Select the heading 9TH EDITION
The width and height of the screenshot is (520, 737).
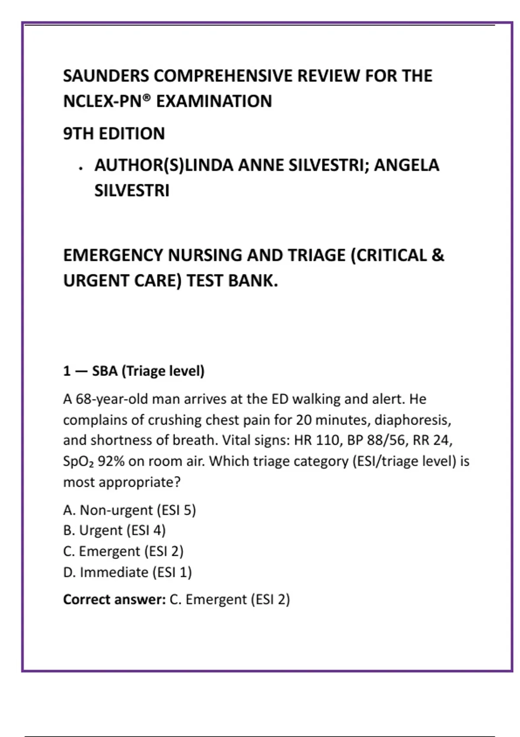click(114, 134)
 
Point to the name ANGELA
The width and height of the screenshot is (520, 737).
click(406, 165)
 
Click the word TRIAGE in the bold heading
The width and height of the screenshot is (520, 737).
click(316, 255)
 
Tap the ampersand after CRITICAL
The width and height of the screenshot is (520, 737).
click(438, 255)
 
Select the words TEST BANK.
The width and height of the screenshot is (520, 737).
click(232, 281)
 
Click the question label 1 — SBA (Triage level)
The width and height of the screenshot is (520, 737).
click(133, 371)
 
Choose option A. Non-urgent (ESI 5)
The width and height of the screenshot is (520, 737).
click(130, 510)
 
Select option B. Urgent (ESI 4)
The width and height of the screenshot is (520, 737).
click(114, 531)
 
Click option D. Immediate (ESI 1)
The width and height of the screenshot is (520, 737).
click(127, 572)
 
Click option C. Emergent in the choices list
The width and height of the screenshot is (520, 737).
click(123, 551)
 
